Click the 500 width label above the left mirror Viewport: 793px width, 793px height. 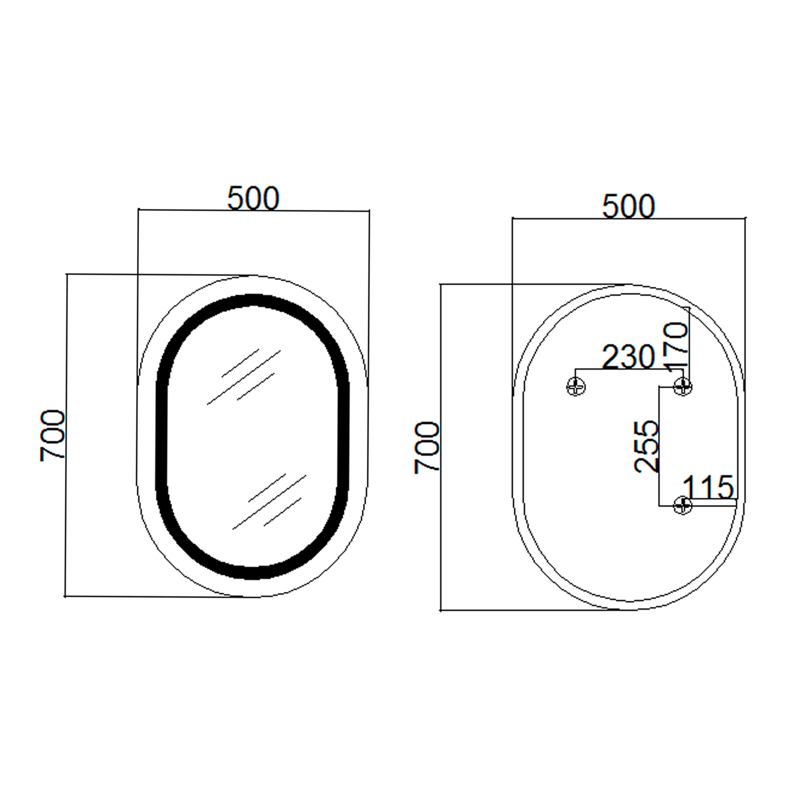253,198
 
